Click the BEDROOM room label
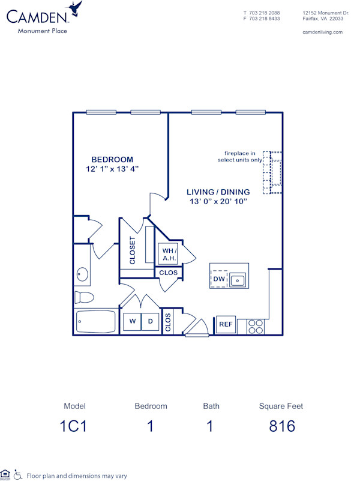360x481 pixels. (112, 159)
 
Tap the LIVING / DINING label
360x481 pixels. (218, 192)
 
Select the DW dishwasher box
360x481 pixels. (218, 279)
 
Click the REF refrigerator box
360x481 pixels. (226, 325)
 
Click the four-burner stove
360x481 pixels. (256, 326)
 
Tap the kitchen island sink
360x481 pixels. (238, 279)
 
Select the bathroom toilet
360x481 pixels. (84, 297)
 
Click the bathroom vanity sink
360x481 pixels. (82, 275)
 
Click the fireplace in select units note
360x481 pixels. (239, 157)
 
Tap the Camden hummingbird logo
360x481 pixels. (76, 9)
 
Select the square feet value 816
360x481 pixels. (281, 426)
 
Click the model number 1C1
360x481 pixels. (75, 426)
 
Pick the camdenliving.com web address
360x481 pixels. (322, 32)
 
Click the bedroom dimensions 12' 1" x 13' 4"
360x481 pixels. (112, 169)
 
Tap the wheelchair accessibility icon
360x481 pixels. (17, 475)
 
